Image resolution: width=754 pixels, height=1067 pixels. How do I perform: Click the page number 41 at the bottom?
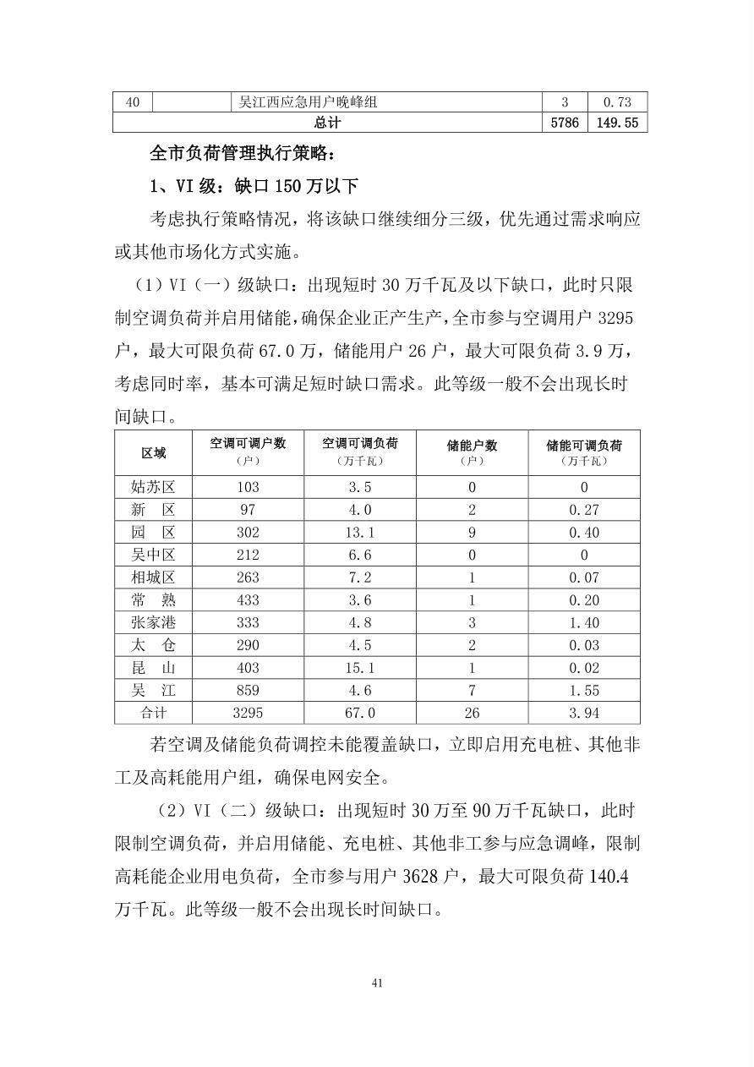pos(377,982)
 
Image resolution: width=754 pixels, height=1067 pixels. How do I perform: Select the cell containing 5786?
pos(564,123)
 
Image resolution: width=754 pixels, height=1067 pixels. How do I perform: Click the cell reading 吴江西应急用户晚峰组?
pos(308,102)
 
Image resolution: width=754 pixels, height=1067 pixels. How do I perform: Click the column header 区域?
pos(153,452)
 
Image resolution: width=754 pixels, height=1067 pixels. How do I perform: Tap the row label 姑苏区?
pos(153,487)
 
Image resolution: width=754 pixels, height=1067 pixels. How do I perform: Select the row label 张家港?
pos(153,622)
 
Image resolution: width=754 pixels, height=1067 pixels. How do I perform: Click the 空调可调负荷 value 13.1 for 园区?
pos(360,532)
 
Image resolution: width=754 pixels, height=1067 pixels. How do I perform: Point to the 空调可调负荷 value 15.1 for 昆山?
pos(360,667)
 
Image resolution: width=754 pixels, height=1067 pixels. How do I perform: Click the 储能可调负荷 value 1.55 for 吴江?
pos(583,690)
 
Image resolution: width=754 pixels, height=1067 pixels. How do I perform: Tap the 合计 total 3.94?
pos(583,713)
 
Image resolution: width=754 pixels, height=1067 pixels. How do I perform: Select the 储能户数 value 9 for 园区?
pos(472,532)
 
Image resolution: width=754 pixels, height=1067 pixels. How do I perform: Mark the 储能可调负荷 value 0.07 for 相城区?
pos(583,577)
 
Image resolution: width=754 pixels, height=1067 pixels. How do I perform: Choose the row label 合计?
pos(153,713)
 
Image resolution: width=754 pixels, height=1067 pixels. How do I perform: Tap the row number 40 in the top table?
pos(133,102)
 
